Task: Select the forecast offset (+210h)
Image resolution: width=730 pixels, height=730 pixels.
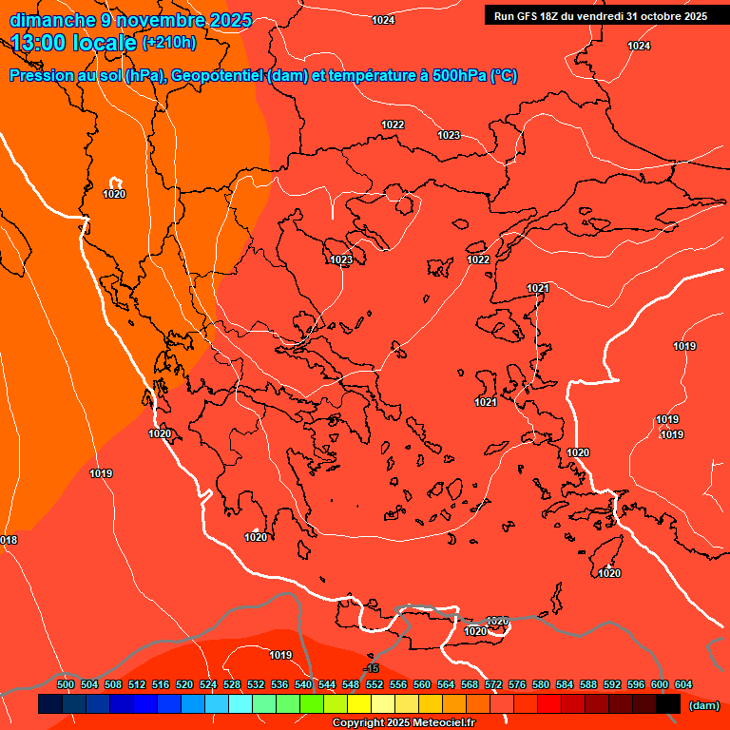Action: (168, 43)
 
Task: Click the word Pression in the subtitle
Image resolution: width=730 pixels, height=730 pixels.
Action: (41, 76)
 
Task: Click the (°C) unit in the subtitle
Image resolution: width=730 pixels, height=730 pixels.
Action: (503, 76)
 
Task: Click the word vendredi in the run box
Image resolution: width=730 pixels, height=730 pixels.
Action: (598, 16)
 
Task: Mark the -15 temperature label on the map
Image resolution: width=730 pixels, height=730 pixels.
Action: (372, 669)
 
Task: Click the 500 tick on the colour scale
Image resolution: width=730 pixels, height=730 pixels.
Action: (66, 684)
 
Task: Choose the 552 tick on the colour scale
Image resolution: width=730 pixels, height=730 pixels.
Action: (375, 684)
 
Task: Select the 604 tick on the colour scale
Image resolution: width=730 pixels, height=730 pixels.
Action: (682, 684)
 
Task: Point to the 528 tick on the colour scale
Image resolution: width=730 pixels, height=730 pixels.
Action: (232, 684)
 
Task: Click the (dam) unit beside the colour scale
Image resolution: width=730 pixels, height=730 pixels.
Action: (703, 705)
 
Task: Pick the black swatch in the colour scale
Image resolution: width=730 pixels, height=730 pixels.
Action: (668, 704)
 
